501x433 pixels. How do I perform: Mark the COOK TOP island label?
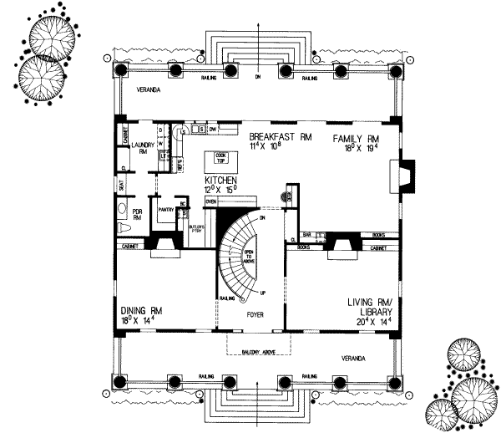click(x=221, y=158)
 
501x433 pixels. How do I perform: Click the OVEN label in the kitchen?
click(x=211, y=201)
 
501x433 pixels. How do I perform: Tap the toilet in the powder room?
click(x=123, y=227)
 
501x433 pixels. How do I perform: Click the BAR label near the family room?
click(x=307, y=235)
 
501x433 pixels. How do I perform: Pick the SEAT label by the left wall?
click(x=122, y=187)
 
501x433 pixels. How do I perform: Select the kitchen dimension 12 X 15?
click(x=222, y=190)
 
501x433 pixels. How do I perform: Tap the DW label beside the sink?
click(x=213, y=130)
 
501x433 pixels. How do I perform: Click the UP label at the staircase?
click(x=264, y=293)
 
